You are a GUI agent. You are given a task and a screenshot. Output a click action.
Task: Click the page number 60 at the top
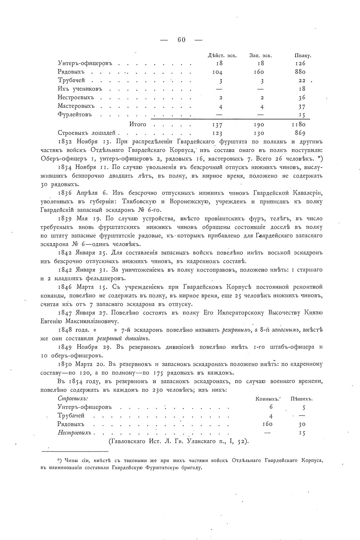click(x=181, y=40)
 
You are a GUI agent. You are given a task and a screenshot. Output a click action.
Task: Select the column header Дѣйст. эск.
click(x=222, y=56)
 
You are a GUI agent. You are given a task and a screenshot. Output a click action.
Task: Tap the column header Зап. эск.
click(x=261, y=56)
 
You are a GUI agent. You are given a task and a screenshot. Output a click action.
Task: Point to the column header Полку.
click(x=303, y=56)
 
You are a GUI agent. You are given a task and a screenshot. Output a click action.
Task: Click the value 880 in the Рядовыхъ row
click(x=300, y=72)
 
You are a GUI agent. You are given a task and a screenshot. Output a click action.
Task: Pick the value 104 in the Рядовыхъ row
click(x=218, y=72)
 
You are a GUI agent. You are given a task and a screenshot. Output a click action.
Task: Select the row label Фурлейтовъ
click(x=75, y=114)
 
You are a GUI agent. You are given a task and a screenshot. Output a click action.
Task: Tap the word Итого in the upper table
click(x=138, y=124)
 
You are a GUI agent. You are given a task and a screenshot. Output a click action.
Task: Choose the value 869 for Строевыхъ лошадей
click(x=300, y=133)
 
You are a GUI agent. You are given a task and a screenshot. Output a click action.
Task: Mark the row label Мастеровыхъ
click(x=76, y=106)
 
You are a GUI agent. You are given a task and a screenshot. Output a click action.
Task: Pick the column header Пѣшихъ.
click(x=301, y=399)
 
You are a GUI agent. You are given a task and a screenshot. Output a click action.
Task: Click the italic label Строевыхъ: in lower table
click(x=73, y=399)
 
